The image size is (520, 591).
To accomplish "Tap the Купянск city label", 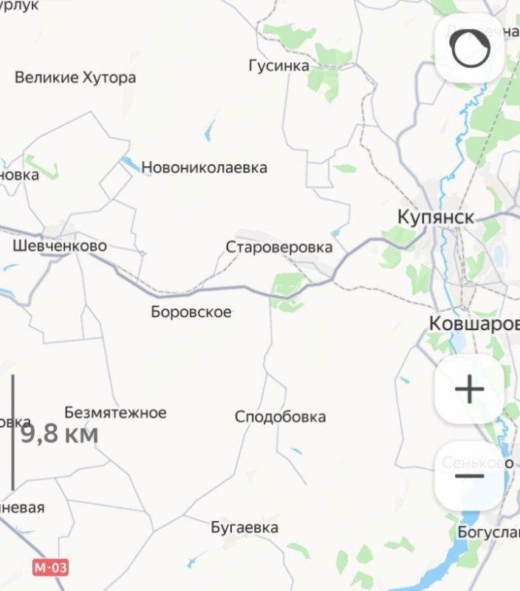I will [x=435, y=217].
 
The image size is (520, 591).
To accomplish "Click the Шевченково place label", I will [x=60, y=246].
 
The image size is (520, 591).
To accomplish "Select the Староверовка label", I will [x=279, y=247].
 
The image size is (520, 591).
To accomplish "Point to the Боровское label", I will [x=191, y=312].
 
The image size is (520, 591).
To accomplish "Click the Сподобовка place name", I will [x=280, y=417].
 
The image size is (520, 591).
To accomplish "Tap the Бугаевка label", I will [x=244, y=527].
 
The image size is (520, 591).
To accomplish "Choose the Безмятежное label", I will [x=115, y=413].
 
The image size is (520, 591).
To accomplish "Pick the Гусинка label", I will [x=278, y=66].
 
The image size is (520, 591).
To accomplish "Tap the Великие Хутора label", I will [x=75, y=78].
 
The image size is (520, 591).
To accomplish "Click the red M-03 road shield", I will [x=51, y=567].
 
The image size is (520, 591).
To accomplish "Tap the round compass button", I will [x=470, y=49].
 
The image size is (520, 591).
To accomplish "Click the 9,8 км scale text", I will [x=59, y=434].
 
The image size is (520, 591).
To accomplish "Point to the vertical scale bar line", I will [x=13, y=432].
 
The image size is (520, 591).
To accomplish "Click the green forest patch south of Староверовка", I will [x=287, y=285].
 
